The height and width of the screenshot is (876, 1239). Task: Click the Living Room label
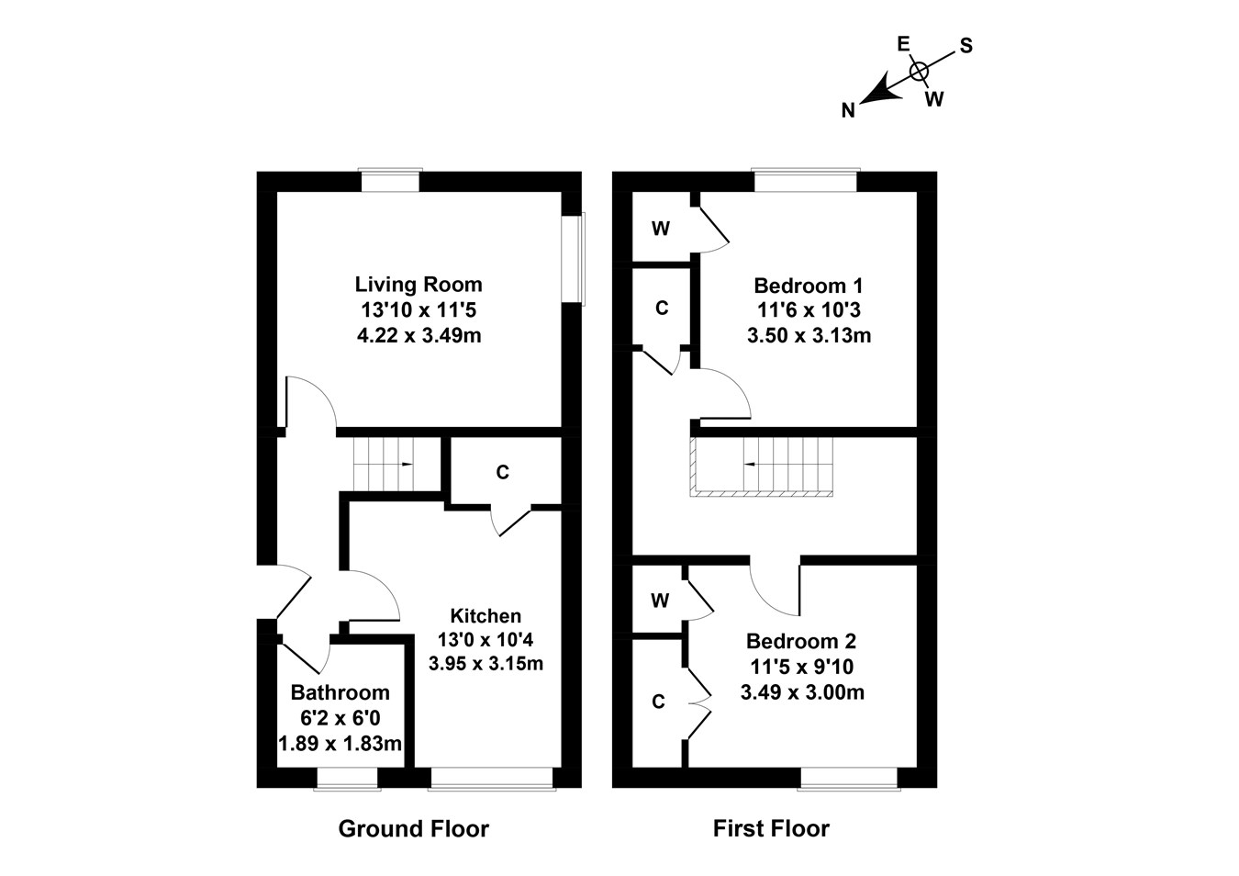419,285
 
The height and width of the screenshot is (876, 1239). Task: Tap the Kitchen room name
486,616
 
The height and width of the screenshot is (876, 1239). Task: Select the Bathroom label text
340,692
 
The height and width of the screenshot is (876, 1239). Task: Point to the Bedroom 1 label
808,286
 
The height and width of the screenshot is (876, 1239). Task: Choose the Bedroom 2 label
801,641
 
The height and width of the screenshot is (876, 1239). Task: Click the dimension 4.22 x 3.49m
419,336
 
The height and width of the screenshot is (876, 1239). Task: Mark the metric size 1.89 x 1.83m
340,744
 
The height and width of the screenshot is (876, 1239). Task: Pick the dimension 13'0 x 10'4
486,639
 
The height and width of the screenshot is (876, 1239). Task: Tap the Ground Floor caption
414,829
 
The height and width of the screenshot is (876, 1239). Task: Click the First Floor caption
771,829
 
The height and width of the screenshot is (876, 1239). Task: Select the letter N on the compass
849,111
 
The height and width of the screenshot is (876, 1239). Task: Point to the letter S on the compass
966,46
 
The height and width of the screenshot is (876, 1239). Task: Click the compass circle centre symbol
919,71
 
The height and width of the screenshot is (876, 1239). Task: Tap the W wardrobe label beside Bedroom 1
661,229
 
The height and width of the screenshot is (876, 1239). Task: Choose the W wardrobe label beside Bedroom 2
659,601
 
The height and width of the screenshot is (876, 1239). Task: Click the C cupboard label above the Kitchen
502,473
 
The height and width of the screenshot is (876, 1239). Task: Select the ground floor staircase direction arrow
405,465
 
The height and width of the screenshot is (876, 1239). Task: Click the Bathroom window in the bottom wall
347,778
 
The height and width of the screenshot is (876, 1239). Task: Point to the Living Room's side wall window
575,258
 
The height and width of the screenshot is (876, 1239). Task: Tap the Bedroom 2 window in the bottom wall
848,778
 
